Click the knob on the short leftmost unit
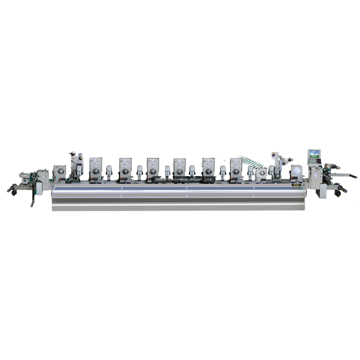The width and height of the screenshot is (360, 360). (x=58, y=173)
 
